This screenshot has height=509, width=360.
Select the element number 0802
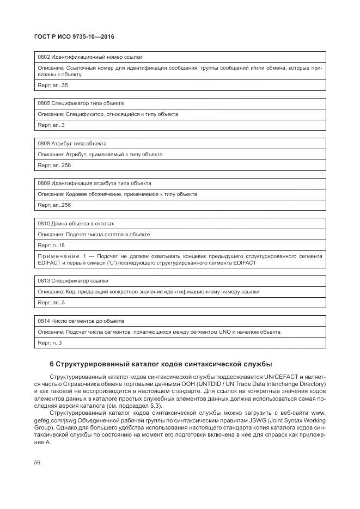(44, 57)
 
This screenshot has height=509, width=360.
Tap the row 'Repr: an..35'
(53, 85)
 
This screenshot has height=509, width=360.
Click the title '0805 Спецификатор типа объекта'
(81, 103)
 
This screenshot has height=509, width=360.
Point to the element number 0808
(44, 143)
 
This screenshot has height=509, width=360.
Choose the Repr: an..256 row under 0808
(54, 165)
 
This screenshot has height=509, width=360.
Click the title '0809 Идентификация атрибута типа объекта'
(94, 183)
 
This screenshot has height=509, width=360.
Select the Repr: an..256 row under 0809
(54, 205)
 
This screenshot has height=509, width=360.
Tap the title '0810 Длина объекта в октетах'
(76, 224)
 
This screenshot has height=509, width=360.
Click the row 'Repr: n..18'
(51, 246)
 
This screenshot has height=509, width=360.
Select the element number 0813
(44, 281)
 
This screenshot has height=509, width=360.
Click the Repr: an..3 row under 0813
(51, 303)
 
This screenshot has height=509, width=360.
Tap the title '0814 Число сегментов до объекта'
(81, 321)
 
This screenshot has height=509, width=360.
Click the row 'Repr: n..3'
(50, 343)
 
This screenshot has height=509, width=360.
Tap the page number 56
(37, 462)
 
